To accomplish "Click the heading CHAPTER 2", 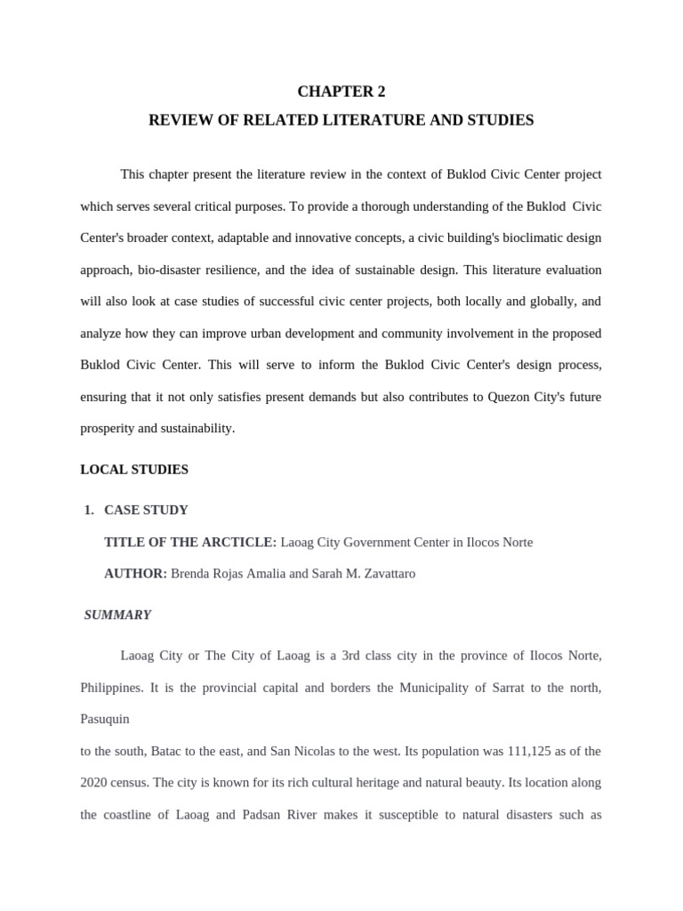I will coord(341,92).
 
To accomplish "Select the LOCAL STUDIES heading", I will coord(134,469).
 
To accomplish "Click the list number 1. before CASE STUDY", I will coord(88,510).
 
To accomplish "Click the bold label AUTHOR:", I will coord(135,574).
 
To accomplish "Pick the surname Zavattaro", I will coord(384,574).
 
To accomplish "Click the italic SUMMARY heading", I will coord(117,615).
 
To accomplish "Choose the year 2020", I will coord(94,783).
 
